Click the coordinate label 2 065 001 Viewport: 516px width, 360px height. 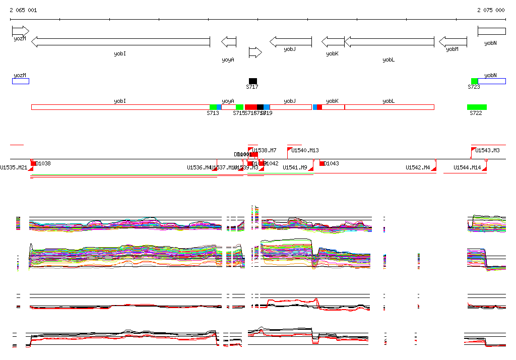(x=23, y=10)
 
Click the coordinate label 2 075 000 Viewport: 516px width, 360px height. (x=491, y=10)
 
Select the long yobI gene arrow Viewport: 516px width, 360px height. (x=120, y=42)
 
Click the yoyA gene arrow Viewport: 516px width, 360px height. (x=229, y=41)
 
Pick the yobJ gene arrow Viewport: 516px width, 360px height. (x=291, y=41)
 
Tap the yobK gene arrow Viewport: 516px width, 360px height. (x=333, y=41)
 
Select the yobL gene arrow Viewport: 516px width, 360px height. (x=389, y=41)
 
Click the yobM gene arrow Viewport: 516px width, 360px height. (x=453, y=41)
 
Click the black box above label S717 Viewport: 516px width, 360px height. (x=253, y=81)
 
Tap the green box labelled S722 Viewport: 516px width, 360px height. (x=477, y=107)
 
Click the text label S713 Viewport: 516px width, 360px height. (x=213, y=113)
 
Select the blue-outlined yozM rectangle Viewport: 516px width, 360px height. (x=21, y=81)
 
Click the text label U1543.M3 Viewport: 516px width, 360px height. (x=488, y=150)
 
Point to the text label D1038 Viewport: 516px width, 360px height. (x=43, y=163)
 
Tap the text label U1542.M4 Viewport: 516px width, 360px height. (x=418, y=167)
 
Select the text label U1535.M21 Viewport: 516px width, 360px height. (x=14, y=167)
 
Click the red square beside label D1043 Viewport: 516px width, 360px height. (x=322, y=163)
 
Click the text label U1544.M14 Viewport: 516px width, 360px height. (x=467, y=167)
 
